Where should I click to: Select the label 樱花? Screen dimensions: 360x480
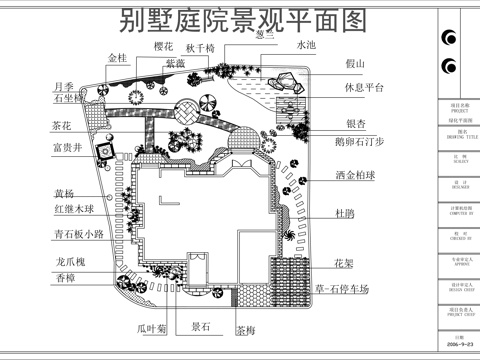click(163, 47)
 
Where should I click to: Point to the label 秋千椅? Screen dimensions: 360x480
click(217, 47)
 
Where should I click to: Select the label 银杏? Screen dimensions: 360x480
click(355, 124)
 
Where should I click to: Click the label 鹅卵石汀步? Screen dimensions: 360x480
click(362, 142)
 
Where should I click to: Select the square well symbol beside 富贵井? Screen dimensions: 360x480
click(102, 150)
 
